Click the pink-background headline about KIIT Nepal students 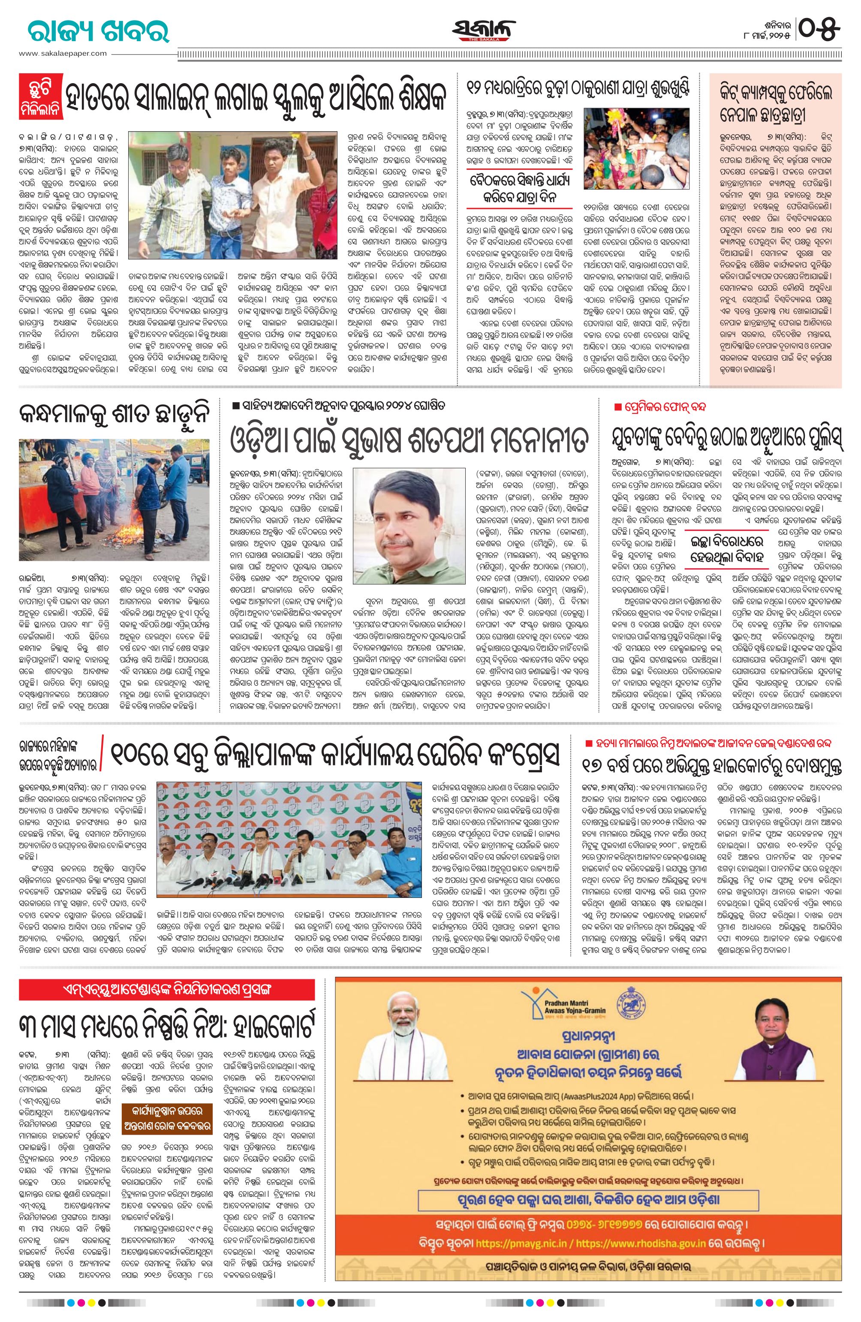(x=774, y=104)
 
